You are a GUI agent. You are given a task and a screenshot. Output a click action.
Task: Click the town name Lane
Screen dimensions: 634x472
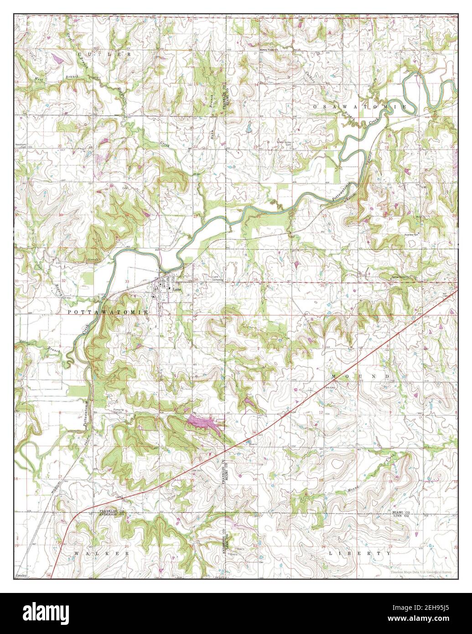click(x=175, y=289)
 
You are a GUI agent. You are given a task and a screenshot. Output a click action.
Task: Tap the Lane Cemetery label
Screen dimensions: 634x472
click(x=218, y=278)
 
